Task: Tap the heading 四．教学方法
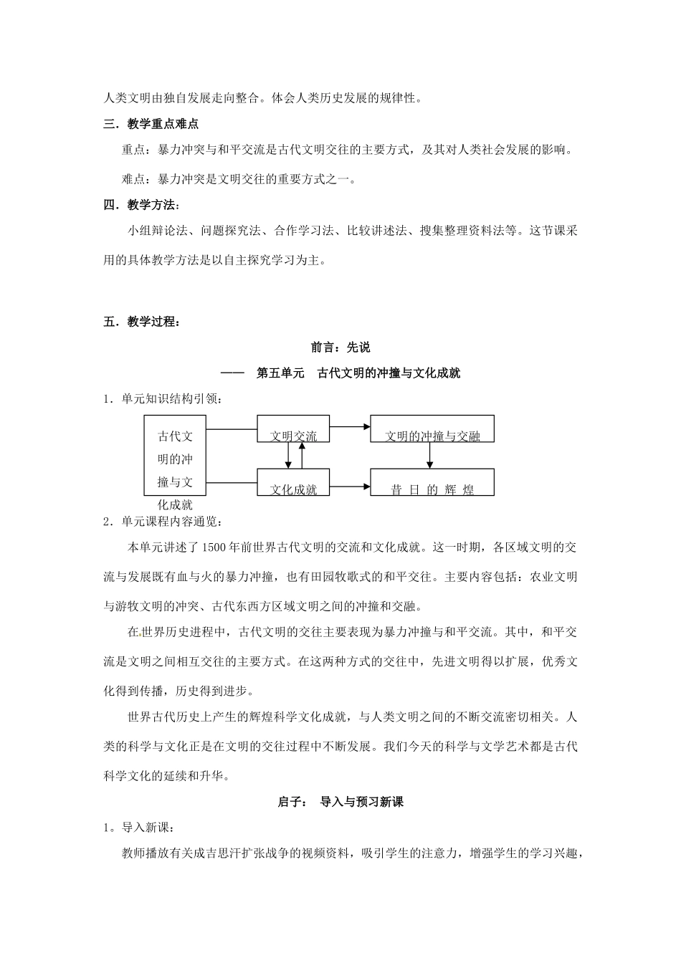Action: tap(141, 206)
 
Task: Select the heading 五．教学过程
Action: tap(141, 322)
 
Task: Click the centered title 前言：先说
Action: tap(340, 348)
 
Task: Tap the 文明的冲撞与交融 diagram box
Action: tap(432, 428)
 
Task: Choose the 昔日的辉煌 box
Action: tap(432, 482)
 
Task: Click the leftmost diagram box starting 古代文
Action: tap(175, 456)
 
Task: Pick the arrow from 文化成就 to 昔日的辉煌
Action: tap(350, 487)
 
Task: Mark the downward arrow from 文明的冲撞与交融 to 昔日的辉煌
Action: tap(429, 456)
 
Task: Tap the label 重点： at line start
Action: tap(136, 150)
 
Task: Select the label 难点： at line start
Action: tap(136, 179)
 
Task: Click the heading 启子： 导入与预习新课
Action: tap(340, 802)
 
